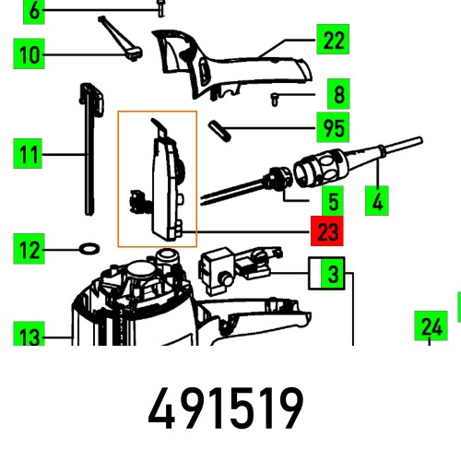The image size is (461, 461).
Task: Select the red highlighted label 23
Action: (327, 233)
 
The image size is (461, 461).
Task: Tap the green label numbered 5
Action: (329, 199)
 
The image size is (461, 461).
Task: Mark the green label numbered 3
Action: (329, 274)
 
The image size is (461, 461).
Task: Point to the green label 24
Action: (431, 325)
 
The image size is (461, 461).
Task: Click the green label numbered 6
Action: (35, 11)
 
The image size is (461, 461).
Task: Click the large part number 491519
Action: (226, 408)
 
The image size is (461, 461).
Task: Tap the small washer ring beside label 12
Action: (89, 248)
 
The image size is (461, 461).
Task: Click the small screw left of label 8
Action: (276, 97)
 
